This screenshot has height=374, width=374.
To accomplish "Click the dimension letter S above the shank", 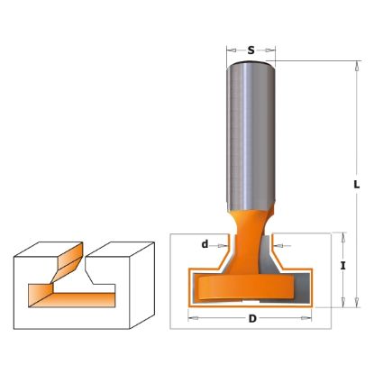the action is (x=251, y=50).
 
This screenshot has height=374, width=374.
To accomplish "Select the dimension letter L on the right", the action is (x=356, y=184).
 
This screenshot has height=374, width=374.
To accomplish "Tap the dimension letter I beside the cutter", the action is (x=343, y=266).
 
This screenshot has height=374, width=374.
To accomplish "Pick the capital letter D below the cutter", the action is (x=252, y=319).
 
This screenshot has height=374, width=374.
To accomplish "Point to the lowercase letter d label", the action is (x=205, y=244).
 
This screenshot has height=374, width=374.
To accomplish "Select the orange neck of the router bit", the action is (x=248, y=237).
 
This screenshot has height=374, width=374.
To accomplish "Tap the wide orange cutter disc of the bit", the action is (x=245, y=287).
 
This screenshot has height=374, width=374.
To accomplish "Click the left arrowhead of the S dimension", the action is (x=231, y=50).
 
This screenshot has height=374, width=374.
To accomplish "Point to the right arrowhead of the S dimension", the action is (x=271, y=50).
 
